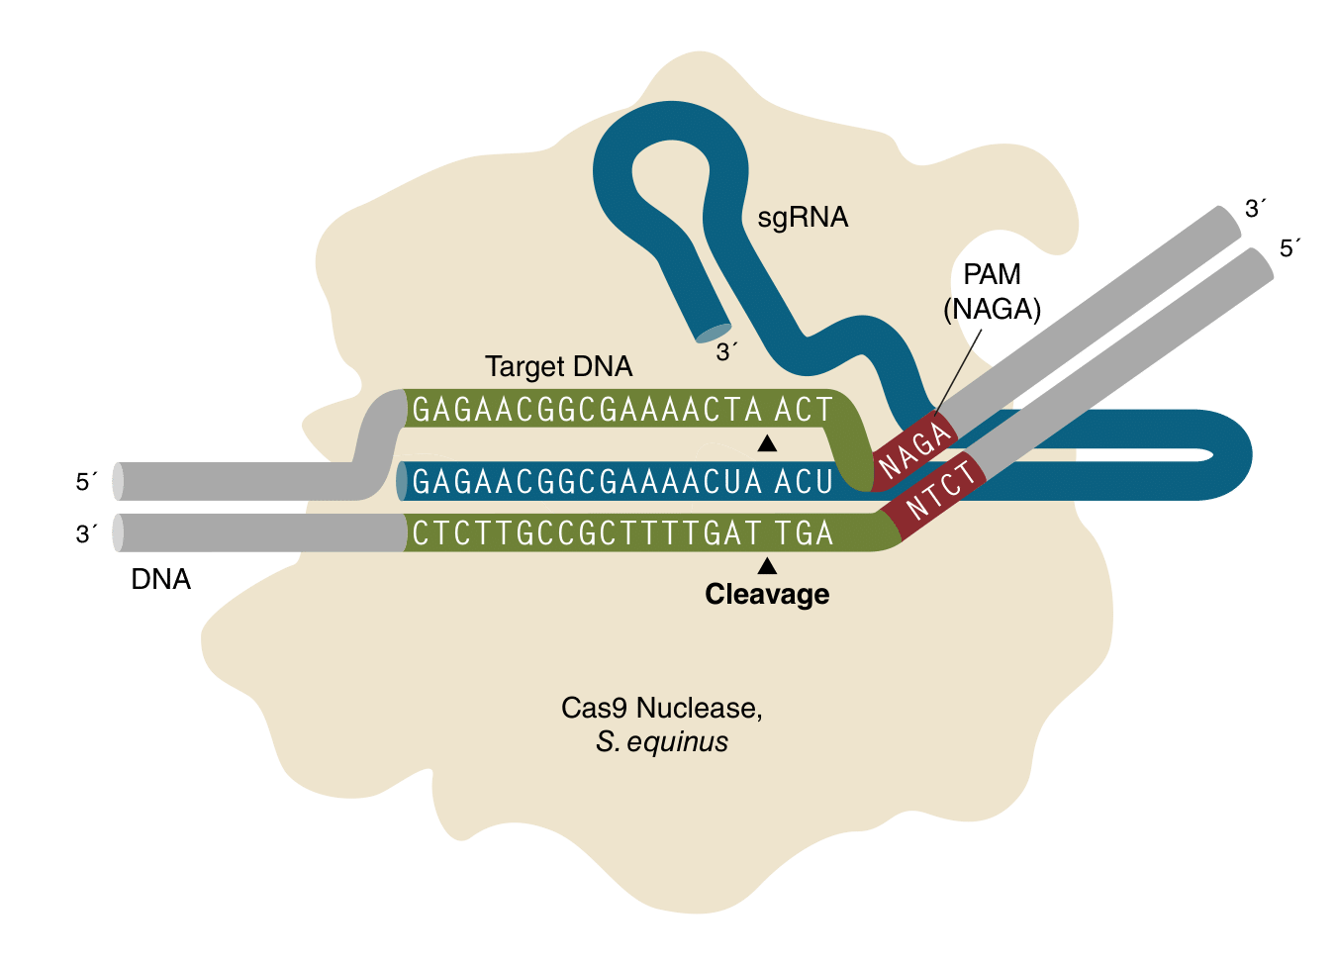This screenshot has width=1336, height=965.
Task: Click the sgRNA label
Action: [803, 218]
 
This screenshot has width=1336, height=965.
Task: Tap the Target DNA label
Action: [558, 366]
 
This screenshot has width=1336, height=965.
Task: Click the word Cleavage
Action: [767, 594]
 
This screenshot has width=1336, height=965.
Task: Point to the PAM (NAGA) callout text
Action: [992, 292]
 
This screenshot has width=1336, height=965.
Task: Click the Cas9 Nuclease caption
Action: [661, 708]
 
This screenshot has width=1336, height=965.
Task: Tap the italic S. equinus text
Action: [661, 741]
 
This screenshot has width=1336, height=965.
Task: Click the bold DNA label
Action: [160, 579]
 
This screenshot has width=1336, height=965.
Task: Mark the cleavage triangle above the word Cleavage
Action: [767, 566]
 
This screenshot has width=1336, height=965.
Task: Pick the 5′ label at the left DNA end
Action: [88, 482]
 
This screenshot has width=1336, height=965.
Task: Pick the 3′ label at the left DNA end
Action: [88, 534]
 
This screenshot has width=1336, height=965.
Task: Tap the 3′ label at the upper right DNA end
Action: [1256, 209]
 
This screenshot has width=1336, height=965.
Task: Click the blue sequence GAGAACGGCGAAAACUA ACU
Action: [621, 482]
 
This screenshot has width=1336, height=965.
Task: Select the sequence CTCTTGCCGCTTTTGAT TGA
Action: [621, 533]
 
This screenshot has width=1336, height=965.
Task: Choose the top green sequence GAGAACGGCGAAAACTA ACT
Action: [621, 409]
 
